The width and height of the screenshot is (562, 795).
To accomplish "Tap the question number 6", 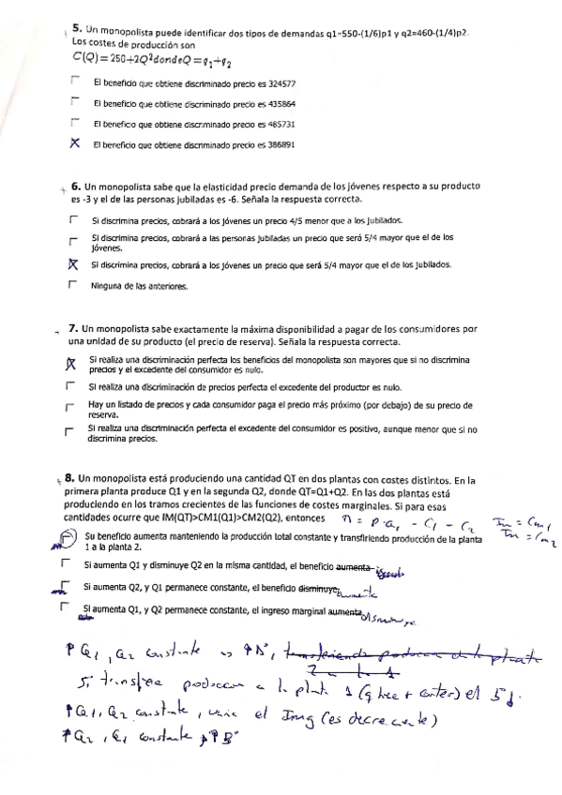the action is tap(76, 187).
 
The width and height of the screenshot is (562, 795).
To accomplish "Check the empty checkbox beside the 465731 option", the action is tap(74, 123).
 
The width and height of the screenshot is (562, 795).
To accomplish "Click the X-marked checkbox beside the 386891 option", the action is tap(74, 144).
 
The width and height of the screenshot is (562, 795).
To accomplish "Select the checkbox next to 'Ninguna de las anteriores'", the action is tap(71, 285).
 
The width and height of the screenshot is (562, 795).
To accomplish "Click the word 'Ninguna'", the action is tap(108, 285).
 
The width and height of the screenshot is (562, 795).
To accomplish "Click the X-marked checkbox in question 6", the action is tap(71, 264).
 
